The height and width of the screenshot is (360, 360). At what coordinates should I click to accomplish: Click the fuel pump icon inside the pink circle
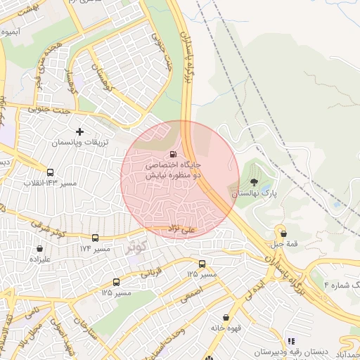(173, 154)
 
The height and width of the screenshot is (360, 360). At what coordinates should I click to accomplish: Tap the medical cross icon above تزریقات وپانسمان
(79, 131)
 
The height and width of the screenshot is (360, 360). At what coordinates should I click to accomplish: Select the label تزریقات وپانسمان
(78, 142)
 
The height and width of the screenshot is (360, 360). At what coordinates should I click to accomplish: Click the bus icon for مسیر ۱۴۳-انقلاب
(50, 172)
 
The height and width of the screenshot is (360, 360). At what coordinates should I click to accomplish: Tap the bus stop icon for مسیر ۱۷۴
(96, 238)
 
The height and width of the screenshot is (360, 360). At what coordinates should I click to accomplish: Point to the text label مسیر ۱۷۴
(95, 249)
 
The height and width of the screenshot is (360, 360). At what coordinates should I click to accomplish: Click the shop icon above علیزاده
(39, 247)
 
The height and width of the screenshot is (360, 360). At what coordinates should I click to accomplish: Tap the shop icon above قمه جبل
(283, 233)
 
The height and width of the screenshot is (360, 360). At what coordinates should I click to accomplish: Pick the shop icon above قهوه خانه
(226, 318)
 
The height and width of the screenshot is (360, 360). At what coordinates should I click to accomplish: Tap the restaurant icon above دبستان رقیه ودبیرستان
(291, 342)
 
